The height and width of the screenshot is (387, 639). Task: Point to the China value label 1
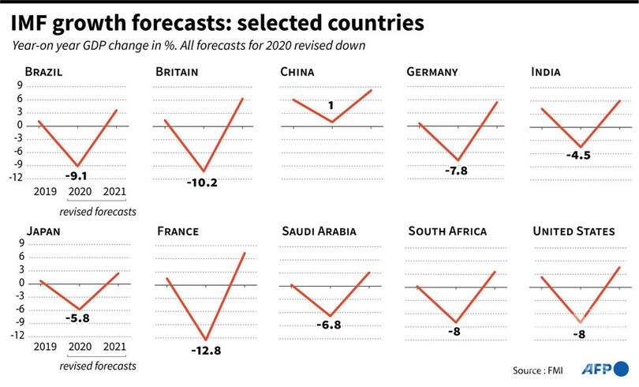(331, 105)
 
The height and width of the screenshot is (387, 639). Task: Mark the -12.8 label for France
(205, 348)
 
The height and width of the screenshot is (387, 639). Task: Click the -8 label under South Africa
(454, 332)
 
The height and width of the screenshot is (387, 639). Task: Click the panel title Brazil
(43, 73)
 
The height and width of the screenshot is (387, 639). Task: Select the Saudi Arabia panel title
(319, 231)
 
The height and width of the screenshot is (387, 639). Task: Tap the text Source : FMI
(540, 370)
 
